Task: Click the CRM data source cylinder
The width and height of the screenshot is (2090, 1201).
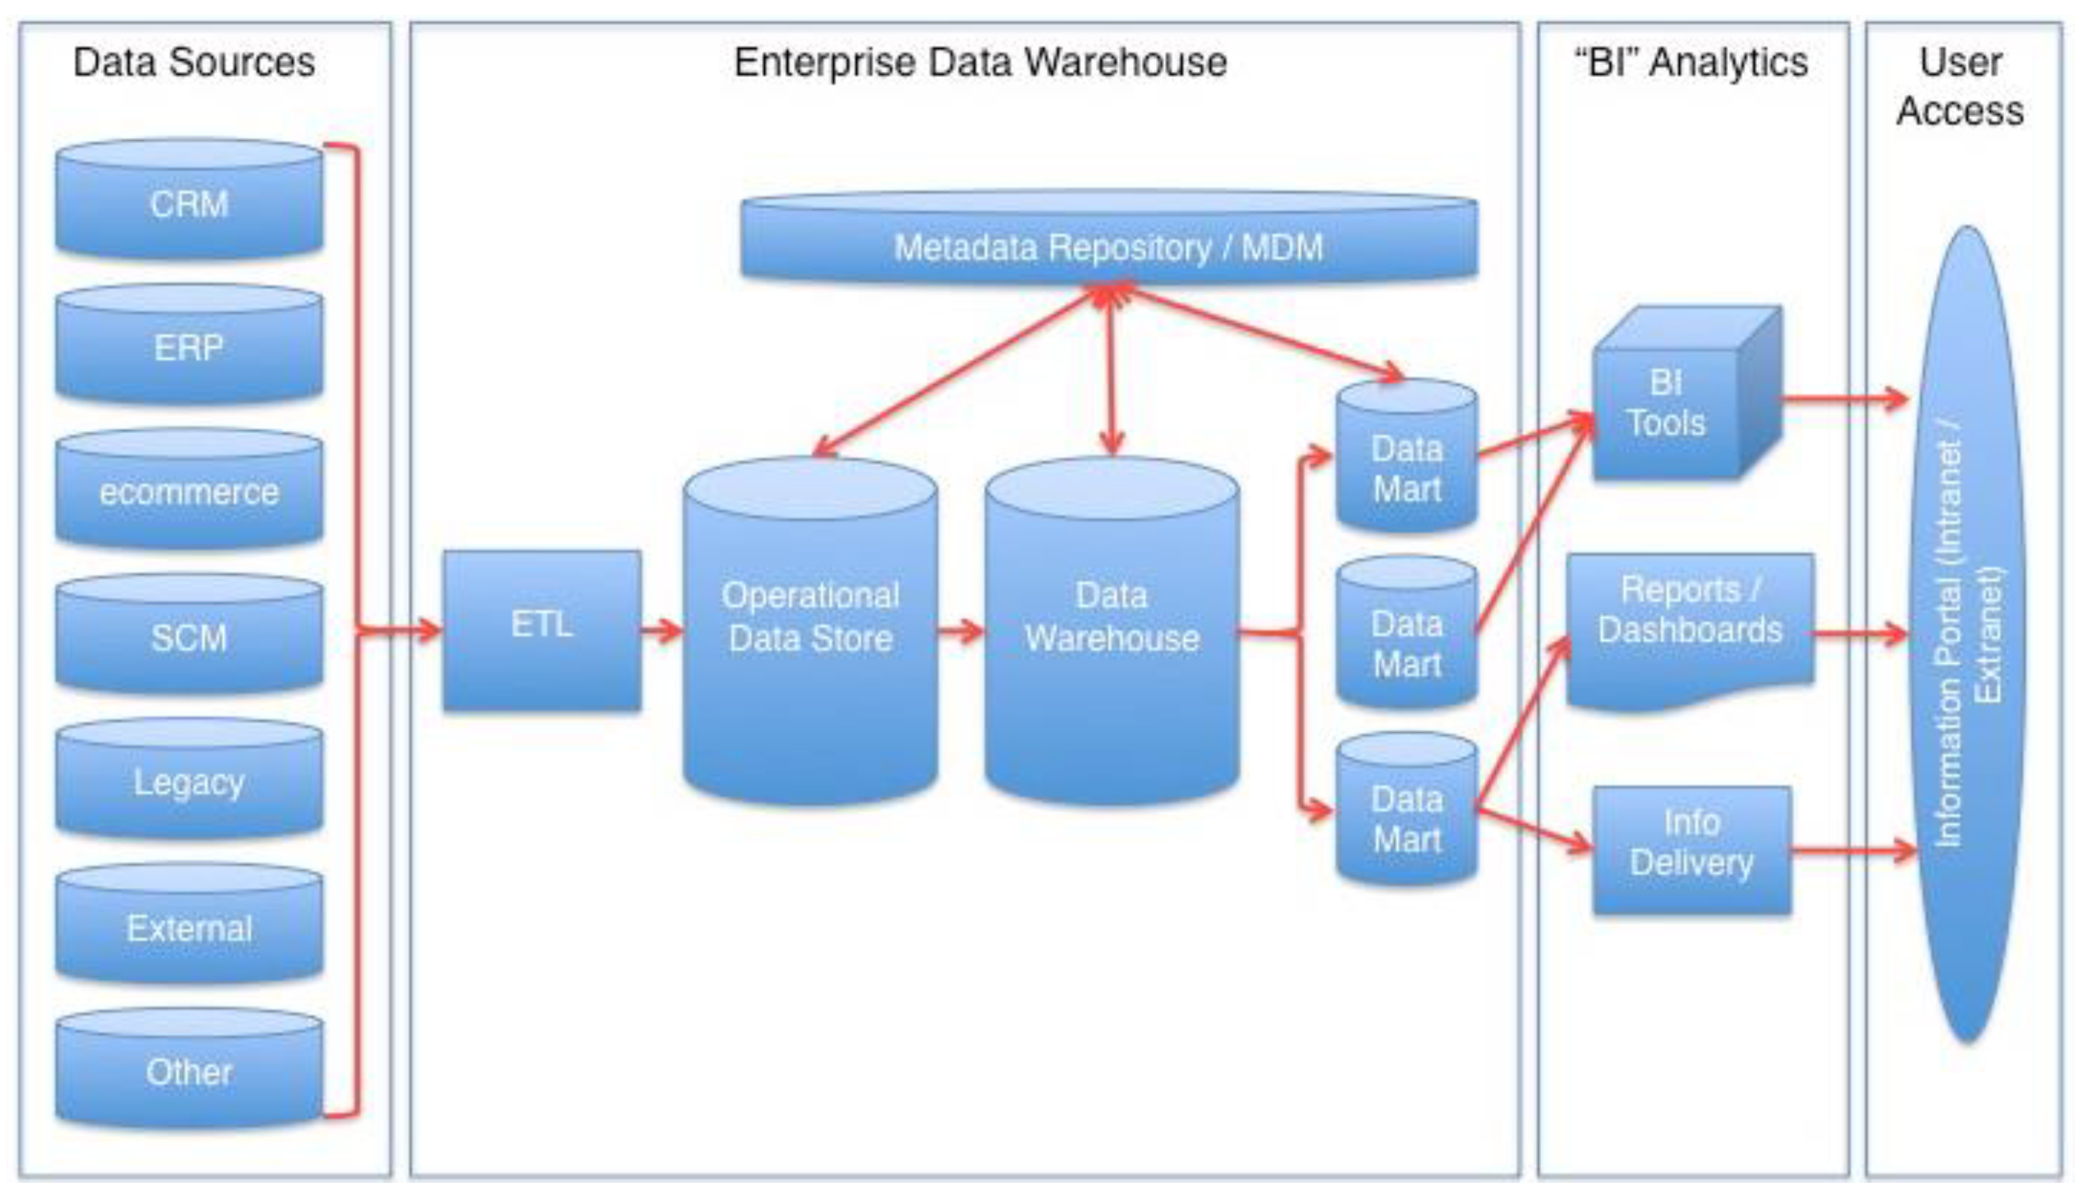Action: (189, 202)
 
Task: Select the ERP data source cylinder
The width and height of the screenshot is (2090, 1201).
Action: (189, 346)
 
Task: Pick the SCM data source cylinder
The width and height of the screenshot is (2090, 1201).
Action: (189, 636)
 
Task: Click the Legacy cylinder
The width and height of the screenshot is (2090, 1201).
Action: (189, 780)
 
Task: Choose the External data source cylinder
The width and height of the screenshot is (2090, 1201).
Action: (189, 926)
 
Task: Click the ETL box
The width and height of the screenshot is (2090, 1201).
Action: (541, 630)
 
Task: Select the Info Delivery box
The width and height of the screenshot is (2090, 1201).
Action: (1691, 850)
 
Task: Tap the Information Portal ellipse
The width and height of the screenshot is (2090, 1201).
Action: (1968, 635)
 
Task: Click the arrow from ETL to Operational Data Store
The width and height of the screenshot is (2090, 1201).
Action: (661, 633)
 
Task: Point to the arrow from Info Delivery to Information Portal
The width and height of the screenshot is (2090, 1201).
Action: (1852, 851)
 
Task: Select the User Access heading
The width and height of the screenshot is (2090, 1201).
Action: (1961, 87)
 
